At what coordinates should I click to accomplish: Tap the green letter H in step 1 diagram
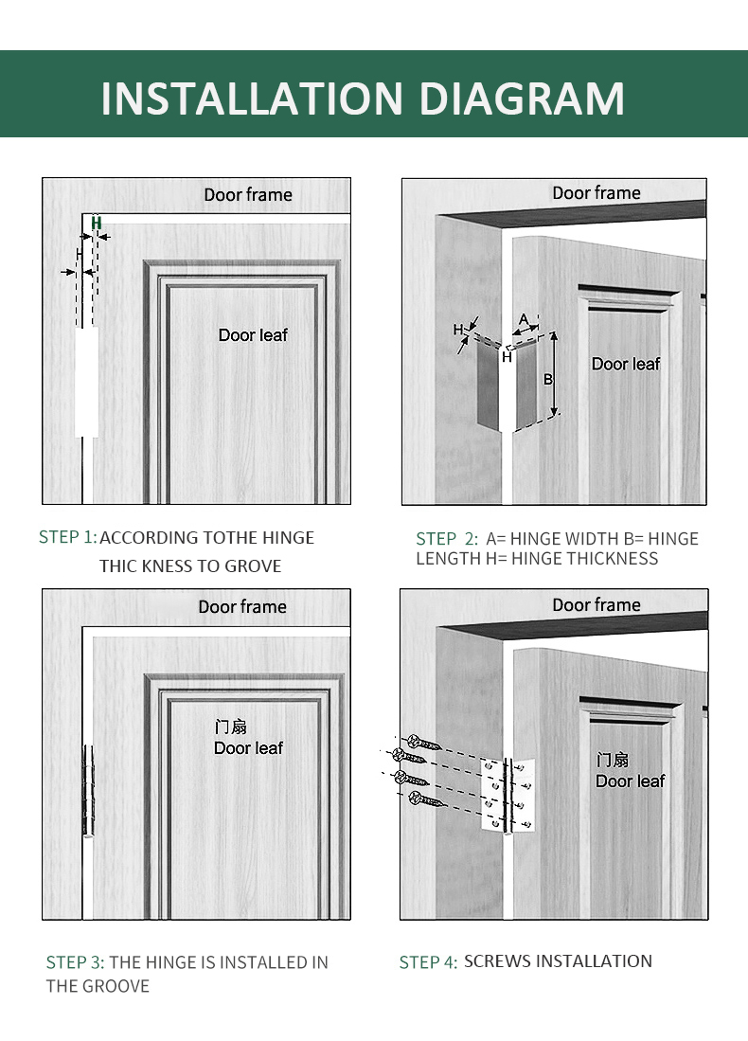pyautogui.click(x=96, y=224)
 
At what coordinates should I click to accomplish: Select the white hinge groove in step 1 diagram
pyautogui.click(x=86, y=382)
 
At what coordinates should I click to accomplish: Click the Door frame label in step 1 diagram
pyautogui.click(x=248, y=195)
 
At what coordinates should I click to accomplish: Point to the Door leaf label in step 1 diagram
pyautogui.click(x=253, y=335)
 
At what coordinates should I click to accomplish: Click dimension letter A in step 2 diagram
pyautogui.click(x=524, y=320)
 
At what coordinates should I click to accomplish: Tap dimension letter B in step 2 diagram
pyautogui.click(x=547, y=379)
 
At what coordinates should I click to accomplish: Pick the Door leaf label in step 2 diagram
pyautogui.click(x=626, y=364)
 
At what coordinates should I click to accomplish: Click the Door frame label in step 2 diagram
pyautogui.click(x=597, y=193)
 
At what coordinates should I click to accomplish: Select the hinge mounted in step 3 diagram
pyautogui.click(x=89, y=790)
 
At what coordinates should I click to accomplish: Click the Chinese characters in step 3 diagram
pyautogui.click(x=230, y=727)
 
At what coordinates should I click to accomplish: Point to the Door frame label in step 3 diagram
pyautogui.click(x=242, y=607)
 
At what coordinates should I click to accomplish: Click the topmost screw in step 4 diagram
pyautogui.click(x=424, y=742)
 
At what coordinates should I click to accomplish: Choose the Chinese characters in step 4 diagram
pyautogui.click(x=613, y=760)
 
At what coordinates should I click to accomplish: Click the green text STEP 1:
pyautogui.click(x=67, y=537)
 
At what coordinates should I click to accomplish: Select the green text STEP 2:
pyautogui.click(x=447, y=539)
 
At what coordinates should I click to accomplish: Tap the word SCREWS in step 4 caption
pyautogui.click(x=497, y=961)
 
